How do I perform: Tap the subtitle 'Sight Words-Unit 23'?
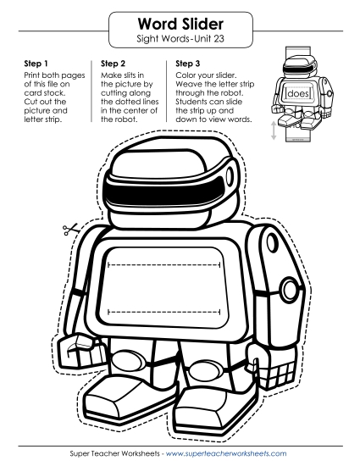pos(179,39)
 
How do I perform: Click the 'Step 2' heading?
pos(115,63)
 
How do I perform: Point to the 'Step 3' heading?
pos(189,63)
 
